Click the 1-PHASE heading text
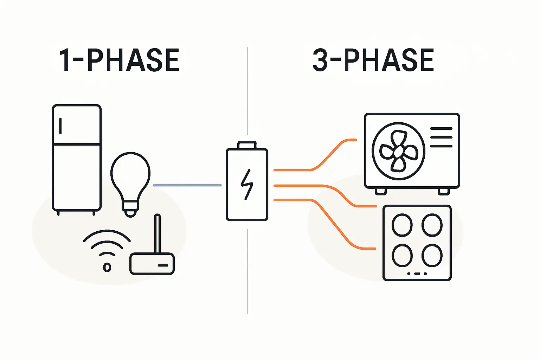click(x=119, y=60)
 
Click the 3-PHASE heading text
click(x=373, y=60)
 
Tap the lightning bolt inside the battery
click(x=247, y=185)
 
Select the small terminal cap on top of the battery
click(x=247, y=145)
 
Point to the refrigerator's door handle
click(x=60, y=126)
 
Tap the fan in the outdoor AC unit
click(x=398, y=151)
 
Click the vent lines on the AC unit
click(x=441, y=137)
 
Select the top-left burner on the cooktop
click(x=402, y=225)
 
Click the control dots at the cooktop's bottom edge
click(x=417, y=274)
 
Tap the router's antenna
click(x=157, y=233)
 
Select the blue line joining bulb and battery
click(x=187, y=185)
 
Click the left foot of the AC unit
click(x=380, y=191)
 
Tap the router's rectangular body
click(x=152, y=264)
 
